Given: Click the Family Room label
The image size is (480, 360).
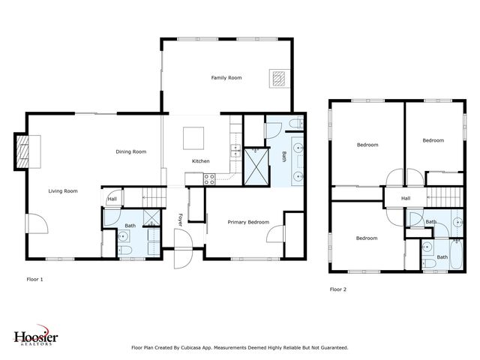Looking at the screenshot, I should point(226,78).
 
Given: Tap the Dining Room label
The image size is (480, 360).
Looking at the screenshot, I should point(130,151).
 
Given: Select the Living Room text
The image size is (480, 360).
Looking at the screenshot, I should point(63,191).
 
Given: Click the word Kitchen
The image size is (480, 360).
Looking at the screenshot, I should point(200,161).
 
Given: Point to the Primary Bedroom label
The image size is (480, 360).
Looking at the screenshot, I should point(248,222).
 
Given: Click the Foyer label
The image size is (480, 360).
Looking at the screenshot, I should point(180,219).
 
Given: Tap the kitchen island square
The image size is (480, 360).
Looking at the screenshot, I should point(193,138).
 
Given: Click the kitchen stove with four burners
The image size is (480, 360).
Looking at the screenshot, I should point(210,178).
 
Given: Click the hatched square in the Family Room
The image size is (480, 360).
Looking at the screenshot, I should point(279,79).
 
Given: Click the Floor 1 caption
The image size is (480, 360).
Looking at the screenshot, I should point(34,279).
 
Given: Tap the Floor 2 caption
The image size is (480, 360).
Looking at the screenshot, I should point(338,289).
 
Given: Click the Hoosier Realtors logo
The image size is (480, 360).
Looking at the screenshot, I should point(35,337).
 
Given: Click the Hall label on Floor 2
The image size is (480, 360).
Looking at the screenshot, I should point(405,199).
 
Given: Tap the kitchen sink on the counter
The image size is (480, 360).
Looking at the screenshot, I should point(235,151).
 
